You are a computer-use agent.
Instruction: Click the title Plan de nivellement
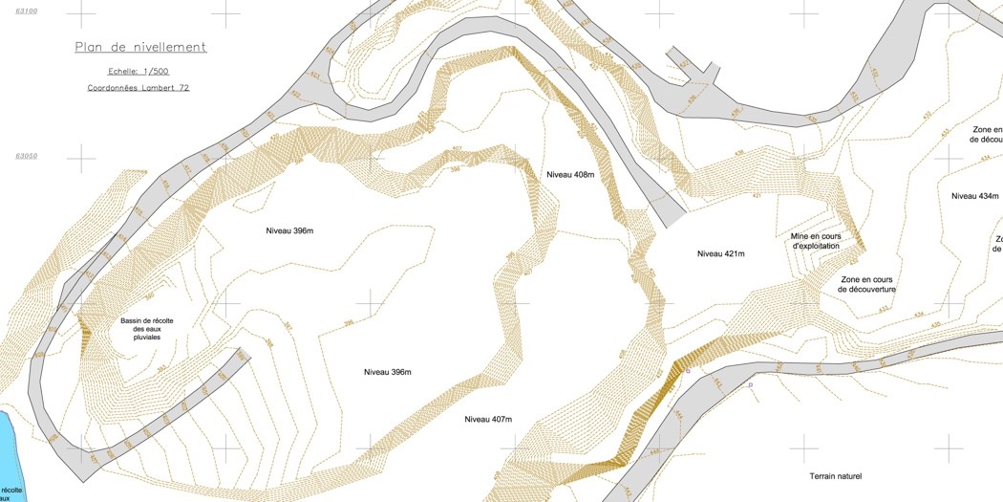[140, 47]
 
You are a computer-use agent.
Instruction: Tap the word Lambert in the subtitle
[157, 88]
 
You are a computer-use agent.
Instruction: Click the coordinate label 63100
[27, 11]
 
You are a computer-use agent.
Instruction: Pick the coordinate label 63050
[27, 155]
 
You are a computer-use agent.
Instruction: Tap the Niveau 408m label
[570, 175]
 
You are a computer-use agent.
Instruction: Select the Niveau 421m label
[720, 253]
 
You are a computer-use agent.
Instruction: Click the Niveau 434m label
[974, 196]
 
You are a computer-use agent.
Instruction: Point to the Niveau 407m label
[488, 420]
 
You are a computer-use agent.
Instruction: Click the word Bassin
[133, 320]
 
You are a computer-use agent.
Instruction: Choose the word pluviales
[147, 338]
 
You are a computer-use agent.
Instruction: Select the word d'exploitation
[817, 246]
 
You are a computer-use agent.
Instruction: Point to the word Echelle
[124, 71]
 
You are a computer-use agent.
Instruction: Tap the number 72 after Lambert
[183, 88]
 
